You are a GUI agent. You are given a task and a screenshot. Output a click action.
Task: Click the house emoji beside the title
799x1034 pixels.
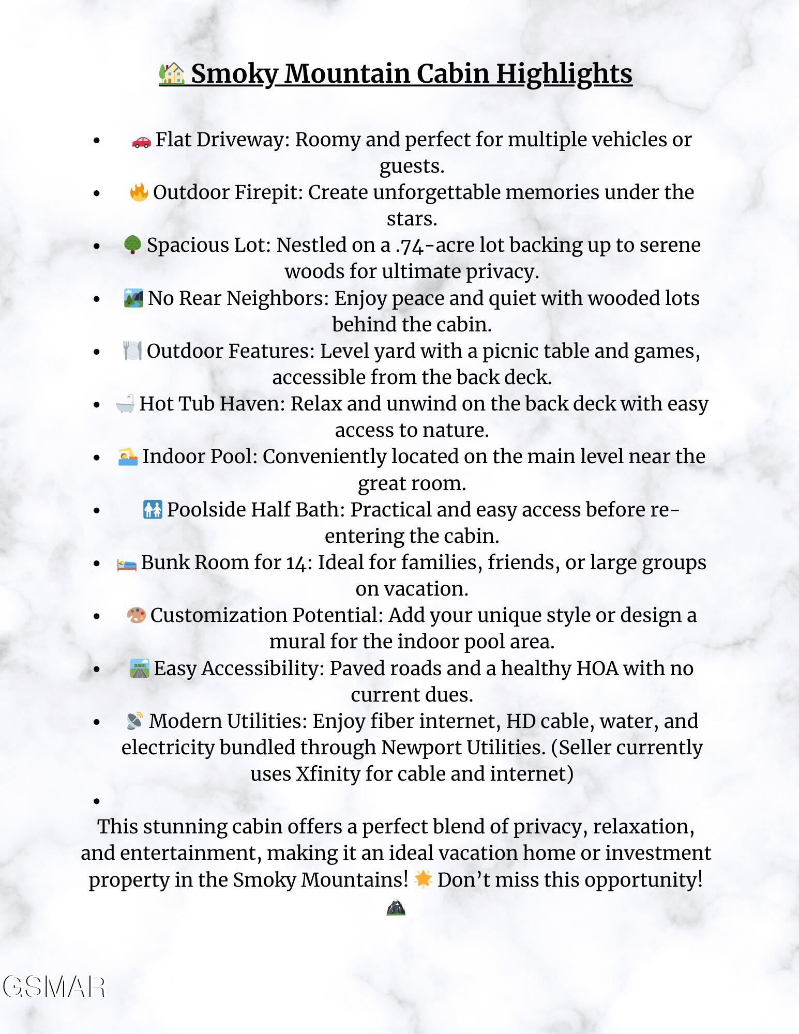click(x=172, y=74)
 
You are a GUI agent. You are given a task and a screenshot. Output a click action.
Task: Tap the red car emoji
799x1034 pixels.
click(x=141, y=141)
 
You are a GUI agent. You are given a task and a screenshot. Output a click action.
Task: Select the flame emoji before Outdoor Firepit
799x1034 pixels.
click(x=139, y=193)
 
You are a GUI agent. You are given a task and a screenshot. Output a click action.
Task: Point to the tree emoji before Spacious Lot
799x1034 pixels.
click(x=132, y=245)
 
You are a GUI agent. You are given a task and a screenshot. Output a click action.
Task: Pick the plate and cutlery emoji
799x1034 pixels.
click(x=132, y=351)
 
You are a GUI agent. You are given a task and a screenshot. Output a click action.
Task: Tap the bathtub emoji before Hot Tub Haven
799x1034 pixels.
click(x=125, y=404)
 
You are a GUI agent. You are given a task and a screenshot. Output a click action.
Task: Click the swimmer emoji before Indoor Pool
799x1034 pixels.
click(x=128, y=457)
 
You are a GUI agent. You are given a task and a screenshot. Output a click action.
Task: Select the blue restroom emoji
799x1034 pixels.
click(x=153, y=510)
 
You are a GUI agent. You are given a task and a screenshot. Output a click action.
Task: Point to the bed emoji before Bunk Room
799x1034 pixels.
click(x=127, y=564)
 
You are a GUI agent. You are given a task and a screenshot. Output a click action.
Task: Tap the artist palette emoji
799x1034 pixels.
click(x=136, y=616)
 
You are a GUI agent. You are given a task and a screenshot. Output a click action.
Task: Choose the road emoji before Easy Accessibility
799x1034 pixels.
click(x=140, y=668)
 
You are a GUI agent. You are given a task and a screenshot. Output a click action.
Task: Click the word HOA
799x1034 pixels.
click(x=597, y=668)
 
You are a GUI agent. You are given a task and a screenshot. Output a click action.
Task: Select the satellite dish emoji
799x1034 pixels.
click(x=135, y=721)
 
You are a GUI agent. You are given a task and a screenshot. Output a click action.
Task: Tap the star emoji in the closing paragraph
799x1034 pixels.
click(x=423, y=879)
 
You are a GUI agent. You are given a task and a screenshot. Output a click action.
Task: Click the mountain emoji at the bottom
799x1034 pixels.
click(x=396, y=907)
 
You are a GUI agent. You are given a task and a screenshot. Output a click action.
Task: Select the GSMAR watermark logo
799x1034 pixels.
click(x=54, y=986)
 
